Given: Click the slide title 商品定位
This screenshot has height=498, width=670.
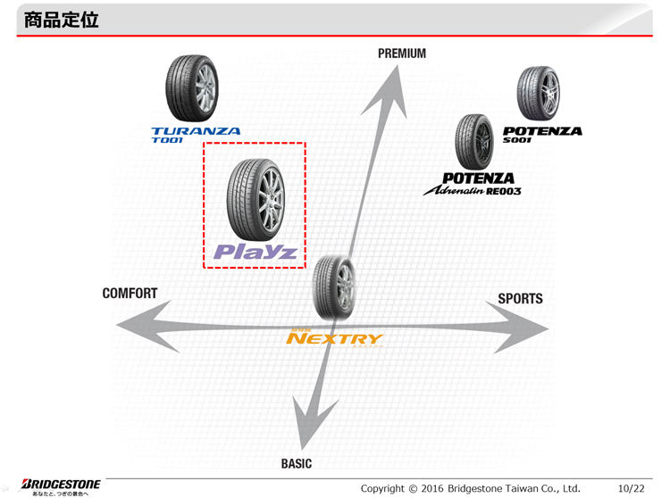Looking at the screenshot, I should click(x=56, y=19).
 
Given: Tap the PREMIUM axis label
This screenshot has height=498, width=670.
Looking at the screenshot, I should click(x=401, y=54).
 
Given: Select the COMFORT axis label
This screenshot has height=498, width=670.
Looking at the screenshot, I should click(x=130, y=294).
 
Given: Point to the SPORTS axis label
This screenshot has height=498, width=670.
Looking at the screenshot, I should click(x=520, y=298).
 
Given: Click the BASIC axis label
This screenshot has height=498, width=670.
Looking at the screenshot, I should click(x=297, y=463).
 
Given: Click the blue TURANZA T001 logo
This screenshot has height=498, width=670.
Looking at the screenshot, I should click(x=196, y=135).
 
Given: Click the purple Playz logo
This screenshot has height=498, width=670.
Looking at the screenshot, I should click(x=255, y=252).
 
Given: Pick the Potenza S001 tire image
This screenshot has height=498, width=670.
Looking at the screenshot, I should click(x=538, y=94).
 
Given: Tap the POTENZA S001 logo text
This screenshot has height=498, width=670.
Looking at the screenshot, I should click(x=541, y=133).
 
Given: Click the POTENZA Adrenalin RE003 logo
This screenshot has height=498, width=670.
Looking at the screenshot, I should click(x=473, y=185).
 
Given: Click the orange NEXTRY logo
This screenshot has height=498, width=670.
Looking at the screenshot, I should click(x=334, y=338).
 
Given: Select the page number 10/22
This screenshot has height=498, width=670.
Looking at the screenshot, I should click(x=631, y=487).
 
